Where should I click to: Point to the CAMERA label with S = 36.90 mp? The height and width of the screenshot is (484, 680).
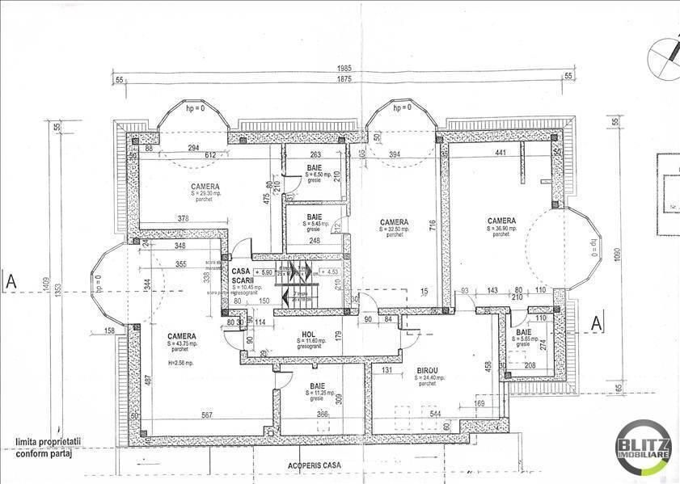coord(501,221)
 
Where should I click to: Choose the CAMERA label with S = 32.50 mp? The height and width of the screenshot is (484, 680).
coord(394,222)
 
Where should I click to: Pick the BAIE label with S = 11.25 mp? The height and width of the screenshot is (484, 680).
coord(318,386)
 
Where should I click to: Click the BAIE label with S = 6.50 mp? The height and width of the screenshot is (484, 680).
coord(314,167)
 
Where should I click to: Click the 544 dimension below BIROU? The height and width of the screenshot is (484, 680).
coord(436,414)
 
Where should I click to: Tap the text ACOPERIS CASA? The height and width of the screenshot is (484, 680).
coord(315,466)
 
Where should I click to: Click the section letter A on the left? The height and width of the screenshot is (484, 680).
coord(11,281)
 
